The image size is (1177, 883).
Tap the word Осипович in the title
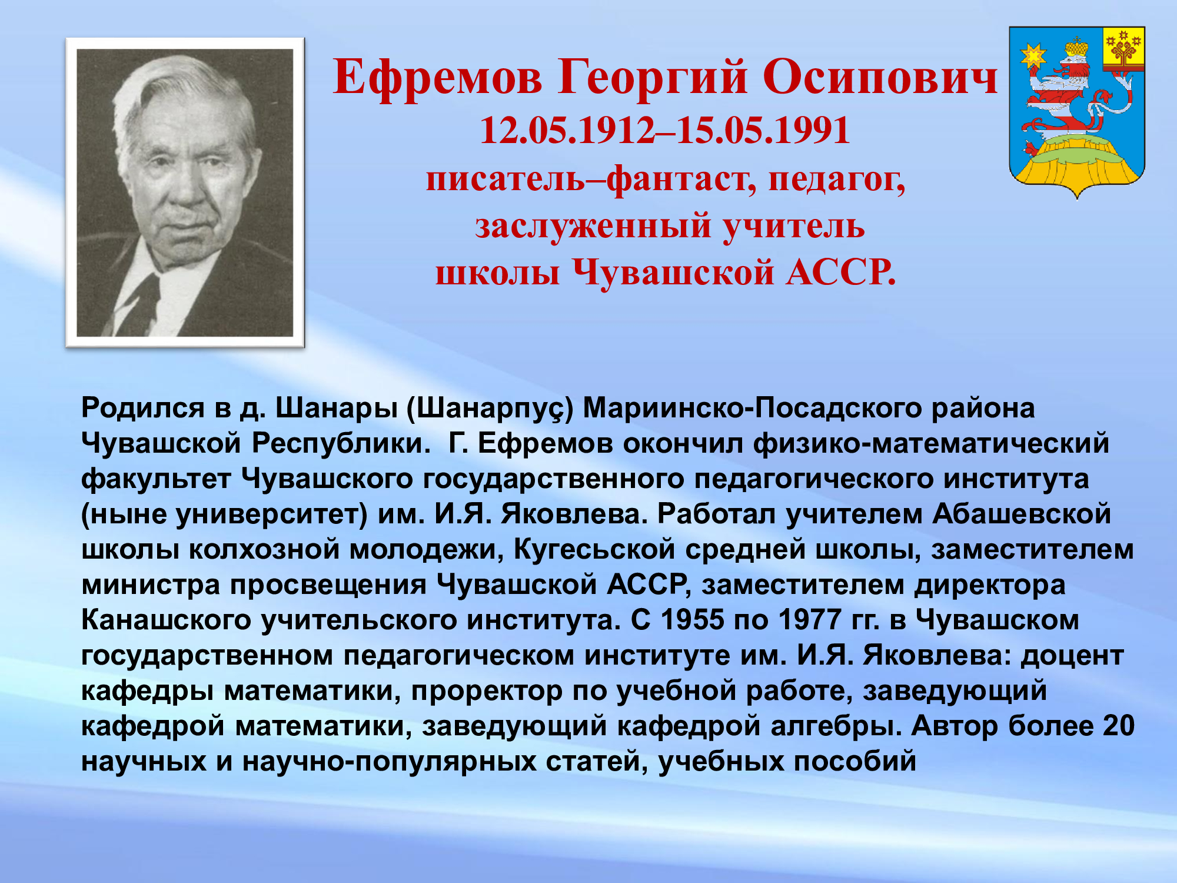click(x=881, y=77)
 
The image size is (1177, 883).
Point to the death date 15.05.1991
click(x=763, y=130)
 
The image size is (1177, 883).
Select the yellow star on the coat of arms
click(x=1033, y=57)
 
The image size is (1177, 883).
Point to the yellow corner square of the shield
click(x=1123, y=49)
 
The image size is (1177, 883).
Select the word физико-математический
click(x=932, y=444)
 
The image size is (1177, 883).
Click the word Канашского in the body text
click(x=166, y=620)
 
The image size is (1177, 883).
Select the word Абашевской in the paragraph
click(x=1022, y=514)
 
